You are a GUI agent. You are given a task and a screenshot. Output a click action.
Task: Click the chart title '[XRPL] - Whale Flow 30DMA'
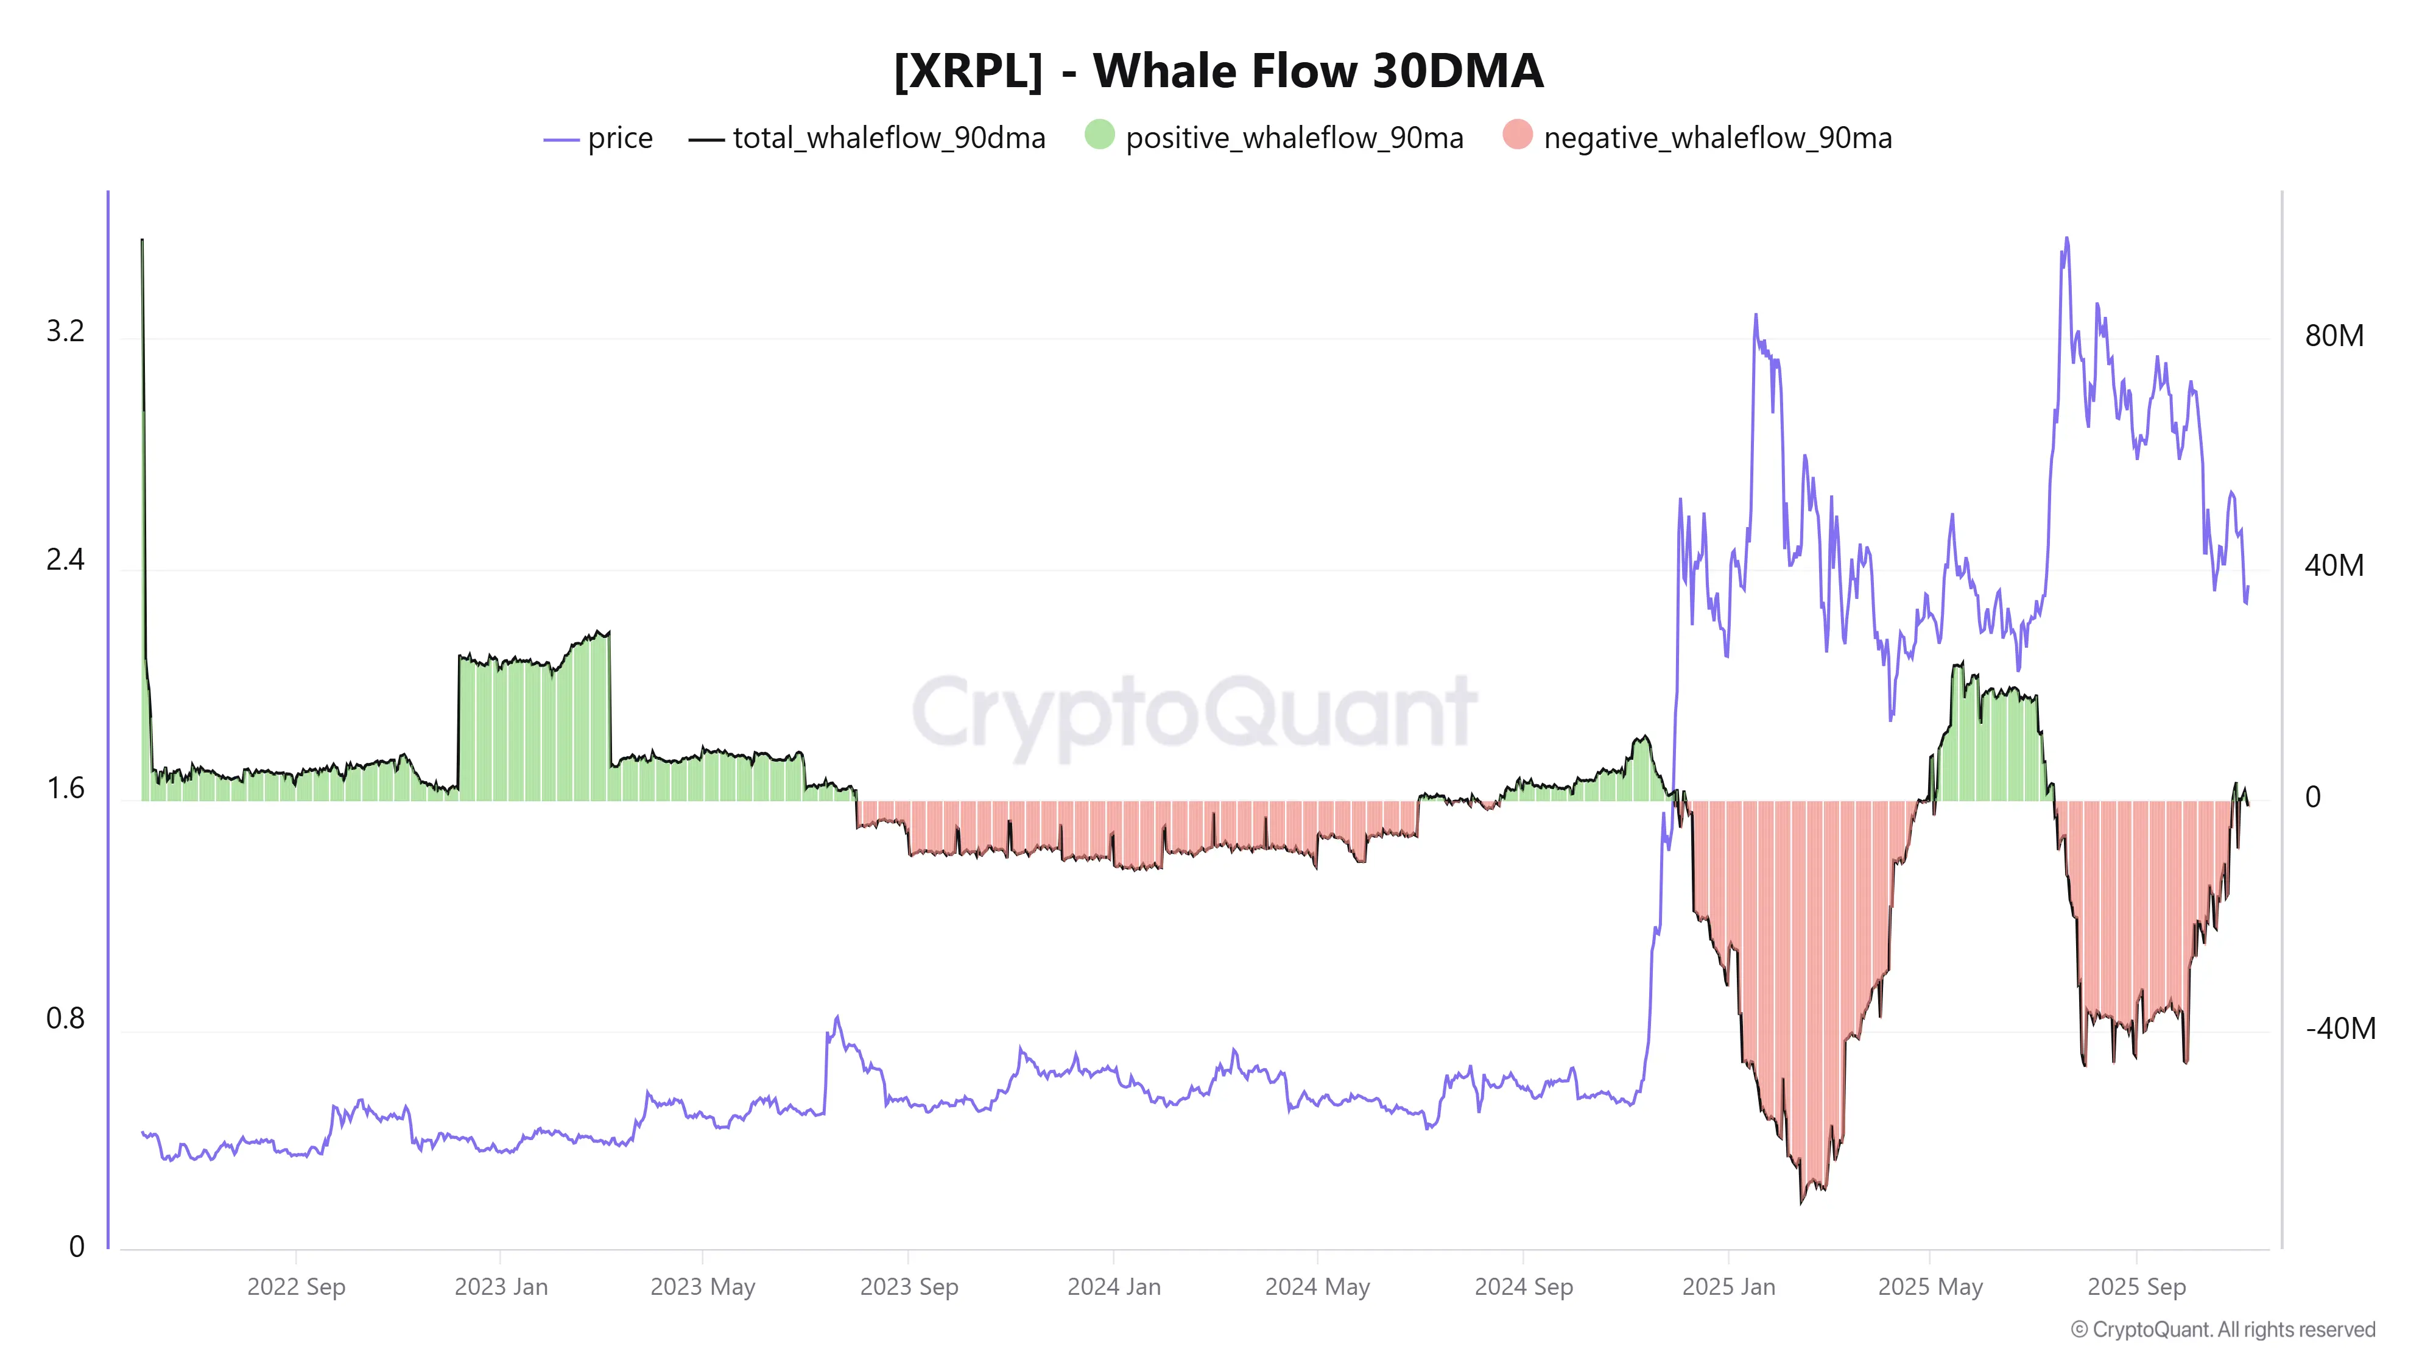(x=1218, y=71)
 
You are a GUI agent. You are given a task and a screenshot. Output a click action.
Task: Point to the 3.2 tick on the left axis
(x=65, y=331)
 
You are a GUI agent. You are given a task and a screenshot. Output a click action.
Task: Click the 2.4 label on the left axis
(x=65, y=560)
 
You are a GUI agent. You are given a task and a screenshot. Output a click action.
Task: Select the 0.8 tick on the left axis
(x=65, y=1018)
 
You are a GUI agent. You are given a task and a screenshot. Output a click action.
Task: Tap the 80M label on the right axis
(x=2334, y=336)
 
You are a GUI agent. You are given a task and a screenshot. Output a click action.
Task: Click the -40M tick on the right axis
(x=2340, y=1029)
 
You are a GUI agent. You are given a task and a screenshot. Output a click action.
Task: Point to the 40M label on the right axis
(x=2334, y=566)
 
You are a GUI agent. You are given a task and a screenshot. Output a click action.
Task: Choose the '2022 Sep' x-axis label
(x=296, y=1287)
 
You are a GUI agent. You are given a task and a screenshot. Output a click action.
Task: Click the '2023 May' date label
(x=703, y=1287)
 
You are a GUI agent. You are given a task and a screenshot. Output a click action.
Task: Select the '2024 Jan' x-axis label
(x=1114, y=1287)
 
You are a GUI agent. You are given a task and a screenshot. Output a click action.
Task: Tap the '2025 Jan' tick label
(x=1729, y=1287)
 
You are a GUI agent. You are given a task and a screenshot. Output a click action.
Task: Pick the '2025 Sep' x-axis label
(x=2136, y=1287)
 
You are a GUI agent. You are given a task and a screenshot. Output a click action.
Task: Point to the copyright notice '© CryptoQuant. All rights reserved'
(x=2222, y=1330)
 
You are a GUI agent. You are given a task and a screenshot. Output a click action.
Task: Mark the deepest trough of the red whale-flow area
(x=1801, y=1202)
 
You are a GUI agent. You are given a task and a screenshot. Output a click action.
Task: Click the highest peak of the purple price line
(x=2066, y=238)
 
